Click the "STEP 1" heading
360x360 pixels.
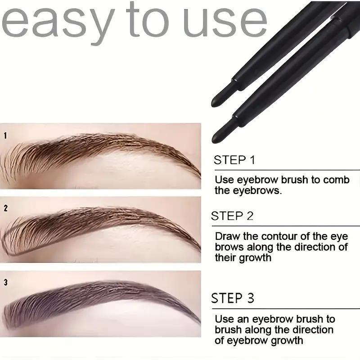pos(234,159)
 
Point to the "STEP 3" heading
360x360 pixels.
pos(233,298)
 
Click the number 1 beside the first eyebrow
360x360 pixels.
pos(5,135)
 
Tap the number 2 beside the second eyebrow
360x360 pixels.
pos(5,208)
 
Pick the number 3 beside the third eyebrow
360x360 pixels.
pos(5,283)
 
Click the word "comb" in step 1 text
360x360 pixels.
pos(337,180)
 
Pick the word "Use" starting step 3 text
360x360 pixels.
pos(224,319)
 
